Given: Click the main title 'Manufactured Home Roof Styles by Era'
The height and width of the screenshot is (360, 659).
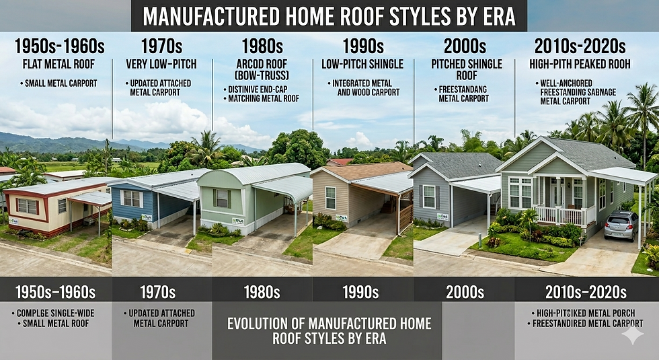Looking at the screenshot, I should coord(329,15).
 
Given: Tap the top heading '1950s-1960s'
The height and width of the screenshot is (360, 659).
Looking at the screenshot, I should coord(59,46).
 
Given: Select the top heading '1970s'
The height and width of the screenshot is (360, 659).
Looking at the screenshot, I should coord(161,46).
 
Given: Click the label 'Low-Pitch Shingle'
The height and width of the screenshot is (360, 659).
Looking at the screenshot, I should coord(362,64).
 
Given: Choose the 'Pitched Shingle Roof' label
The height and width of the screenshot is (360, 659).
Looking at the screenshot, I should coord(466,70).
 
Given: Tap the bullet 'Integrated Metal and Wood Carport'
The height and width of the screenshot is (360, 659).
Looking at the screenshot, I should coord(362,88).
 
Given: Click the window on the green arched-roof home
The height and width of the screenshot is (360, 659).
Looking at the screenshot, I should coord(221,198).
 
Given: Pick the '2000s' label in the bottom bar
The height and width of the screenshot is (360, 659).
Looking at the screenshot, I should coord(464,292).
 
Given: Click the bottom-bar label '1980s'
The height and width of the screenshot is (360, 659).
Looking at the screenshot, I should coord(262,292).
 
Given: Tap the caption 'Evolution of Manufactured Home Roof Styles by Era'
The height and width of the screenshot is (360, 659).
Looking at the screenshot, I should coord(329,330).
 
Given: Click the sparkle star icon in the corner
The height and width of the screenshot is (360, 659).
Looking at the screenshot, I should coord(632,335).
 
